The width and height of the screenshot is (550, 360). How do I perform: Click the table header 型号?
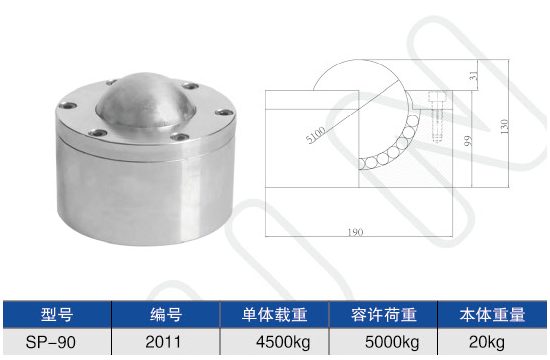(x=57, y=314)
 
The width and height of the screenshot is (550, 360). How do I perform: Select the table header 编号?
(x=166, y=314)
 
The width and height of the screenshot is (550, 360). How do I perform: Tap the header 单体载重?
(x=274, y=314)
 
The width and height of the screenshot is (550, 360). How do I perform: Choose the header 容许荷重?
(x=384, y=314)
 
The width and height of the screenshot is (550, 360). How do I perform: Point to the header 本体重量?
(x=492, y=314)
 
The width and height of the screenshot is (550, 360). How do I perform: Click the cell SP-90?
(x=51, y=342)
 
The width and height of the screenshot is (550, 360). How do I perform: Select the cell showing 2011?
(x=163, y=342)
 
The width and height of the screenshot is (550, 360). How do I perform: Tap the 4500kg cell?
(x=283, y=342)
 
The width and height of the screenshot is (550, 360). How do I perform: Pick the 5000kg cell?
(x=392, y=342)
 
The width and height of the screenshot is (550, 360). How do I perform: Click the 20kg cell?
(x=487, y=342)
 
